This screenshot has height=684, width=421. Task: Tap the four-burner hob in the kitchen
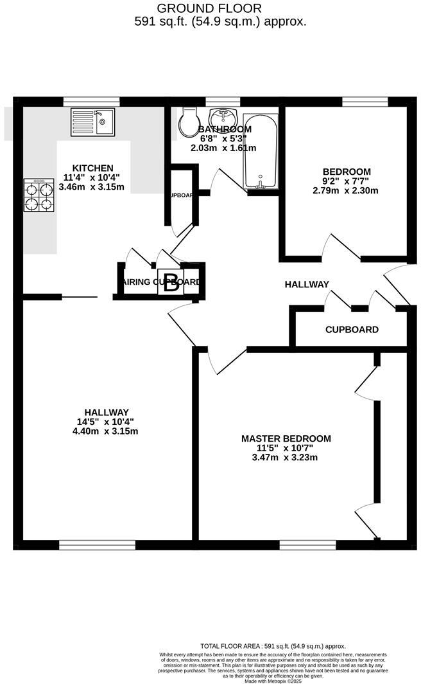tap(39, 195)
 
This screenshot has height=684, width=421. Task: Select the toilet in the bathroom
tap(189, 120)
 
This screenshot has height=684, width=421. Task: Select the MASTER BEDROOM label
tap(286, 438)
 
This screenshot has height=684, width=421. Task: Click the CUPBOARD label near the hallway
tap(352, 330)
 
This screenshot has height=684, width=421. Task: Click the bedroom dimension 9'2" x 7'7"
tap(347, 181)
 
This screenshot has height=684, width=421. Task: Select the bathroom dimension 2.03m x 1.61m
tap(223, 148)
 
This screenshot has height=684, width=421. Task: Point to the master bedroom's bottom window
tap(308, 545)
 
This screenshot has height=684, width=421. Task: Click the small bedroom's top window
tap(365, 100)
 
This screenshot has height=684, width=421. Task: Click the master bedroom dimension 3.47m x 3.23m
tap(286, 458)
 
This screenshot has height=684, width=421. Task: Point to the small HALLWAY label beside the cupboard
tap(307, 284)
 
